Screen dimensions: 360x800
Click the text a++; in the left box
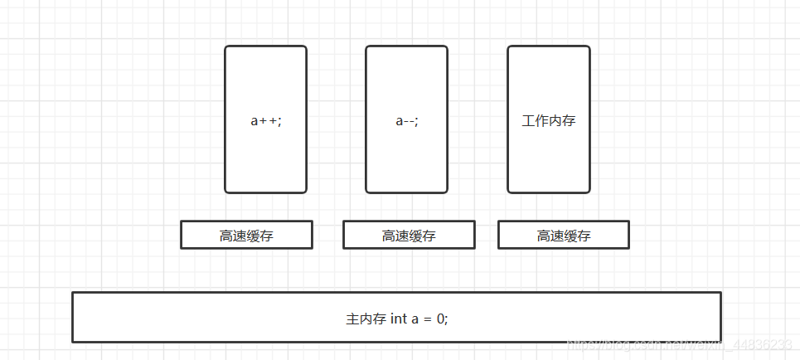pos(265,120)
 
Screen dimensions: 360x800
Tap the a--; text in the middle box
pos(406,120)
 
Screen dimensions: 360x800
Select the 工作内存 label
pos(548,120)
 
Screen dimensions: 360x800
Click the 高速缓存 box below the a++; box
pos(246,236)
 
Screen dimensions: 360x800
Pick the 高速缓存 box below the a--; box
pos(409,236)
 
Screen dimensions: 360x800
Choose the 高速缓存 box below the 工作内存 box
pos(564,236)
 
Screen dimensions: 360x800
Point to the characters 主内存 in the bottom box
pos(365,319)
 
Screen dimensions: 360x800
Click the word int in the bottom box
pos(398,319)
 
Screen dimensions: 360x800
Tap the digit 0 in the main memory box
pos(441,319)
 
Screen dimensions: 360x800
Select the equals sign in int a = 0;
pos(427,319)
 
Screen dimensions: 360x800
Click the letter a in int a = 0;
pos(415,319)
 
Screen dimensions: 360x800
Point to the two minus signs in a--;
pos(409,120)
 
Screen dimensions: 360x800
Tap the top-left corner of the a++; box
pos(225,46)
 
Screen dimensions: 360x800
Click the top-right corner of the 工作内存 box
pos(589,46)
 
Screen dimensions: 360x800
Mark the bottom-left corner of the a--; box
pos(366,192)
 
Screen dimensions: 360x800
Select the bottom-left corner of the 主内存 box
pos(73,341)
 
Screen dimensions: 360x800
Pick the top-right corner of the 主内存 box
pos(720,293)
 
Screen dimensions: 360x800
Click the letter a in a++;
pos(255,120)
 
